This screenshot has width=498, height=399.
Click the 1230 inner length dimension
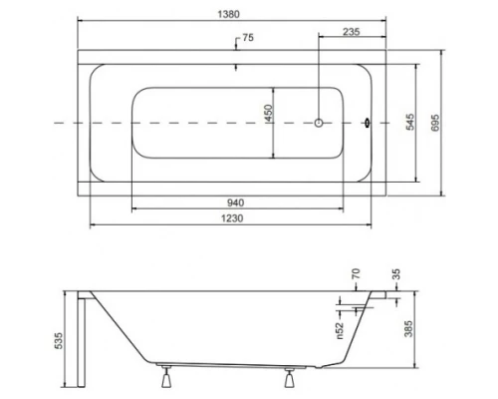(236, 215)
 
